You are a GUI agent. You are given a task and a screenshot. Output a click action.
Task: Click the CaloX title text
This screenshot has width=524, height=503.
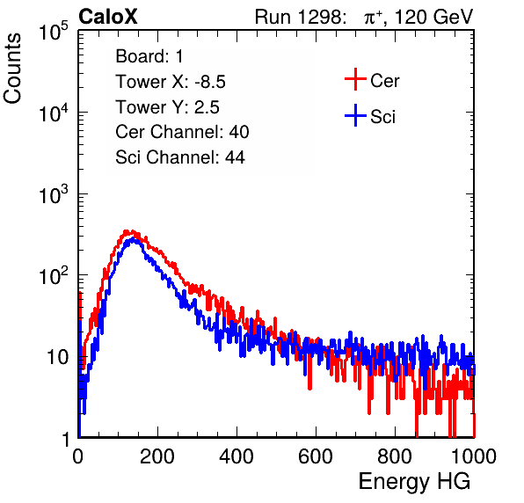[108, 17]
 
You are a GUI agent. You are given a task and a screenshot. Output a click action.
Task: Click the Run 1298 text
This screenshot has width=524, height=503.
[300, 17]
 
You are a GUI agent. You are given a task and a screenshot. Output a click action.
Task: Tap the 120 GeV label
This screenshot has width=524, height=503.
[433, 17]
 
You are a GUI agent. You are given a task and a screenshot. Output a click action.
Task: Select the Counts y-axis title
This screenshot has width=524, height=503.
[12, 69]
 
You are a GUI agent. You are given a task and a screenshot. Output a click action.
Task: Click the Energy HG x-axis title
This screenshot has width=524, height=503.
[414, 482]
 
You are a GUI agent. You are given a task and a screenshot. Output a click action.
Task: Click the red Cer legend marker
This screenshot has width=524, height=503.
[355, 79]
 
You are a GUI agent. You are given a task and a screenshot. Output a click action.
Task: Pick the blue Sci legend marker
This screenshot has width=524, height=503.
[355, 115]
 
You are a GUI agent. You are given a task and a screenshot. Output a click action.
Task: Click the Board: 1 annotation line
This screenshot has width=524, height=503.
[149, 56]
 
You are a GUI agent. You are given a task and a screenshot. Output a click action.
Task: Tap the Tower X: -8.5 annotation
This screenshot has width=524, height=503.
[171, 82]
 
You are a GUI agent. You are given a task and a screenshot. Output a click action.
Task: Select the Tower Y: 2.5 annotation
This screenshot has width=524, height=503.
[167, 107]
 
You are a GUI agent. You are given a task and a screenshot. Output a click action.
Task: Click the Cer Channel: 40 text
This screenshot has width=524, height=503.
[182, 132]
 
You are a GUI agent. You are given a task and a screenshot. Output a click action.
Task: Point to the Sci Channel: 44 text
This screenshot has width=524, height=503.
[180, 157]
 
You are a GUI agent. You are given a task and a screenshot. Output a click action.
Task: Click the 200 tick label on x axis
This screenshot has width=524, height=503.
[157, 456]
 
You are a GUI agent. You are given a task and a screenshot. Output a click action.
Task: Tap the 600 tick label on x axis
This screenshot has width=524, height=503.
[316, 456]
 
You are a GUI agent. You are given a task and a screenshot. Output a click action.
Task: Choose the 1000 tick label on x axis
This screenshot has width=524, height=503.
[474, 456]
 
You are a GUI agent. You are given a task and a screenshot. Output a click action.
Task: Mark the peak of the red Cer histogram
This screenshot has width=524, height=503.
[127, 231]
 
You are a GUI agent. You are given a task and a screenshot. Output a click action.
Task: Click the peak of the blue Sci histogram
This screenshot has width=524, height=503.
[133, 239]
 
